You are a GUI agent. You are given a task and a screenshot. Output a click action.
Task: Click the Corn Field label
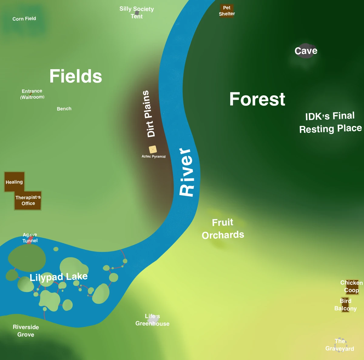pos(24,19)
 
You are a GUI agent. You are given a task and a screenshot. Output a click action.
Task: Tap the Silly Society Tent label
pos(136,12)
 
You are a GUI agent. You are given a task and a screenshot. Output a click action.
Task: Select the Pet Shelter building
pos(227,11)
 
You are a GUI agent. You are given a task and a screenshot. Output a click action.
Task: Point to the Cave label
pos(306,51)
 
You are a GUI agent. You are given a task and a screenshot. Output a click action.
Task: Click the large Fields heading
pos(76,76)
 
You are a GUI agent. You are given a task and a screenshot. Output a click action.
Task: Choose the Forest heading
pos(257,99)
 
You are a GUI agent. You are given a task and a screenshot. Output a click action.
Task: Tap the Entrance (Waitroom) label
pos(32,94)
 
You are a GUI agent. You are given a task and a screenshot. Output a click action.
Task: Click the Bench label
pos(64,109)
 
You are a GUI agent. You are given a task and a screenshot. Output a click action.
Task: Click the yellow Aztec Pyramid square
pos(153,149)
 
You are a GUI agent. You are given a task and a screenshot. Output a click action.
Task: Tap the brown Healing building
pos(14,182)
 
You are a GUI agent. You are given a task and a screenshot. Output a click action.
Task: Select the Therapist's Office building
pos(28,200)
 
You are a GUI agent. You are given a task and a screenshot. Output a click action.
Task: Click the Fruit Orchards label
pos(223,229)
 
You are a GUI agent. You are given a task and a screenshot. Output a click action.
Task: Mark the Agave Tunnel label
pos(30,238)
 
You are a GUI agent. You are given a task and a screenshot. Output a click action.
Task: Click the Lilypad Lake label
pos(59,277)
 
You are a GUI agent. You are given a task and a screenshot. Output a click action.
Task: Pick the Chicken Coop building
pos(351,287)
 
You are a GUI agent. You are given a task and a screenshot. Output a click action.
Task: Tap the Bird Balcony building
pos(345,305)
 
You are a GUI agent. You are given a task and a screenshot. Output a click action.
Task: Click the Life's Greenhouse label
pos(152,320)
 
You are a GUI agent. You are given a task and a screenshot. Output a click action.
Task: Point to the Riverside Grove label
pos(26,331)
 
